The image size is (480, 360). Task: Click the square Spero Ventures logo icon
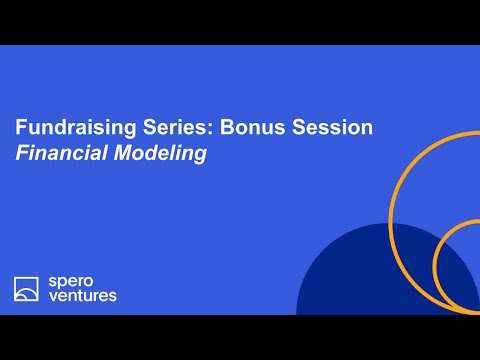tap(26, 289)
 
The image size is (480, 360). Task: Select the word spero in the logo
tap(69, 282)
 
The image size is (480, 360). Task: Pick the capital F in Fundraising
tap(20, 129)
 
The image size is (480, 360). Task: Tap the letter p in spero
tap(62, 283)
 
